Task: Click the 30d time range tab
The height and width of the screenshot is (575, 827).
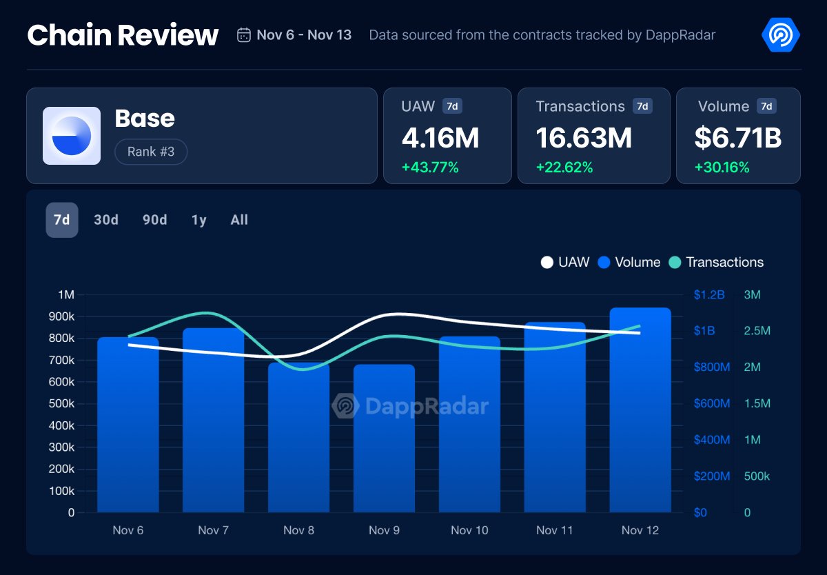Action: pyautogui.click(x=106, y=220)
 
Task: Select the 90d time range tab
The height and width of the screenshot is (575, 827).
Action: pyautogui.click(x=155, y=220)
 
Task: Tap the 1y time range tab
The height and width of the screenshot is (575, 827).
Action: pyautogui.click(x=199, y=220)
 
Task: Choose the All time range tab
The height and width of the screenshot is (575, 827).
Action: pyautogui.click(x=239, y=220)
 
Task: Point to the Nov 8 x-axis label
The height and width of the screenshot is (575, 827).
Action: pyautogui.click(x=298, y=530)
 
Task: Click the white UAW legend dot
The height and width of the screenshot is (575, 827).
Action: pyautogui.click(x=547, y=263)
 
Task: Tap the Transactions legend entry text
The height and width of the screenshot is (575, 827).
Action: pyautogui.click(x=724, y=263)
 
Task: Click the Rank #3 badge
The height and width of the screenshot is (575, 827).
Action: pyautogui.click(x=151, y=152)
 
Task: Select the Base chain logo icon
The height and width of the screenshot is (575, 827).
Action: pyautogui.click(x=72, y=136)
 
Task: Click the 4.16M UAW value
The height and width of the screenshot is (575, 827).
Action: pyautogui.click(x=440, y=138)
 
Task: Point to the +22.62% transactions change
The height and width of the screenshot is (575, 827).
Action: pyautogui.click(x=564, y=168)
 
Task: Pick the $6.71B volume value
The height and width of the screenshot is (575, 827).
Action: pyautogui.click(x=737, y=138)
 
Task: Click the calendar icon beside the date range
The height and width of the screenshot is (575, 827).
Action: pyautogui.click(x=243, y=35)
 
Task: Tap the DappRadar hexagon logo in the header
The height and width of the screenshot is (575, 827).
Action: pyautogui.click(x=781, y=34)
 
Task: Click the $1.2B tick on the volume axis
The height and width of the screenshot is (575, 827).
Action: pyautogui.click(x=709, y=295)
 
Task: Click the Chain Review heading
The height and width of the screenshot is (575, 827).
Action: pyautogui.click(x=123, y=35)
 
